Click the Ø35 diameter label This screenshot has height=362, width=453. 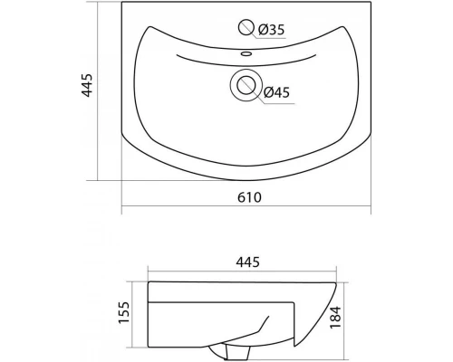(271, 30)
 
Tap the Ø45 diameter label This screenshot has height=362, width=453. (276, 92)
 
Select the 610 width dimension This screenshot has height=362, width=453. (249, 197)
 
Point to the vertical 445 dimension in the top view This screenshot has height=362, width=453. (87, 85)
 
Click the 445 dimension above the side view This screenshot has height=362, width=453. (247, 262)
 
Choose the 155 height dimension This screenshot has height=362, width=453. (124, 312)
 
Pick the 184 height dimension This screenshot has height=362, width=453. (335, 318)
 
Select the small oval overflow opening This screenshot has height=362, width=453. (246, 54)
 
